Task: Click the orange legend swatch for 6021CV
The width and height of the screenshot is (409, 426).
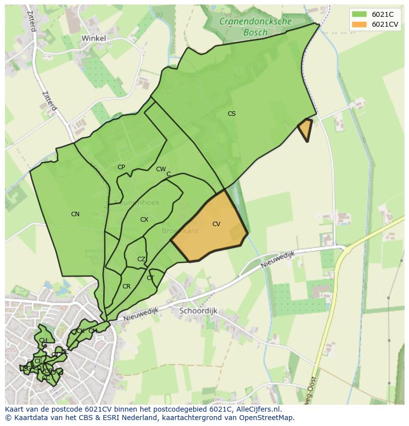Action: (360, 24)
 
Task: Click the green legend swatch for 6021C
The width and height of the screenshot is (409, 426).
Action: (360, 14)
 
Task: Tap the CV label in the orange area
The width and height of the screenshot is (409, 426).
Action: (216, 224)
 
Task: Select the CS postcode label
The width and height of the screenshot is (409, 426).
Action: (231, 114)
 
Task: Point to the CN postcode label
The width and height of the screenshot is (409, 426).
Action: (75, 214)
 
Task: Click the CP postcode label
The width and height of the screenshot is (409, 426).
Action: (121, 167)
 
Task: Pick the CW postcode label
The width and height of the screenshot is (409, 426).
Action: (161, 169)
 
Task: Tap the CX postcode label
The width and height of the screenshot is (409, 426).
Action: (144, 220)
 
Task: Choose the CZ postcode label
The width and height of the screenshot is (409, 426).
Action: (141, 259)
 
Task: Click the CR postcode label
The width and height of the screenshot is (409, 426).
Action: (126, 286)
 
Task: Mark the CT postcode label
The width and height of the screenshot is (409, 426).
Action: (151, 278)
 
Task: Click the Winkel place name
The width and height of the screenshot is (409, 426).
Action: (93, 38)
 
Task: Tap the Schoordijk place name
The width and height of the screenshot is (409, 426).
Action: (198, 311)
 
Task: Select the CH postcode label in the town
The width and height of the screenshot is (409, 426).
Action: (43, 340)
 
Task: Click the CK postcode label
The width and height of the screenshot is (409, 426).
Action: (80, 331)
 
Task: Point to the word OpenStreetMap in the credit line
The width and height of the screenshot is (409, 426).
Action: (267, 418)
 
